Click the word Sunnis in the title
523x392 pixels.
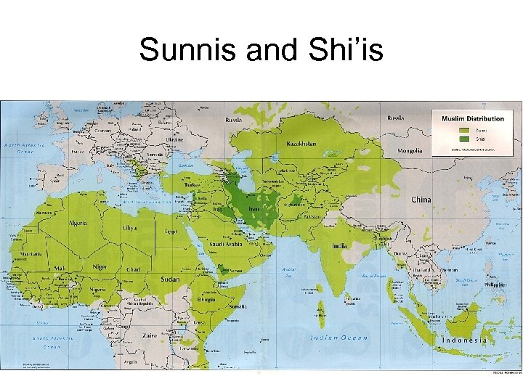(x=180, y=50)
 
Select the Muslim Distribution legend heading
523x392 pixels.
(x=472, y=118)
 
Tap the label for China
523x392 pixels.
(x=421, y=199)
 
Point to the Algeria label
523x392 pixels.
(x=78, y=224)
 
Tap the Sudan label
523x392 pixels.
(x=170, y=278)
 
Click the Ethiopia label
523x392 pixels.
(x=205, y=299)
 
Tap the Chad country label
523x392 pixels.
(x=133, y=269)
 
